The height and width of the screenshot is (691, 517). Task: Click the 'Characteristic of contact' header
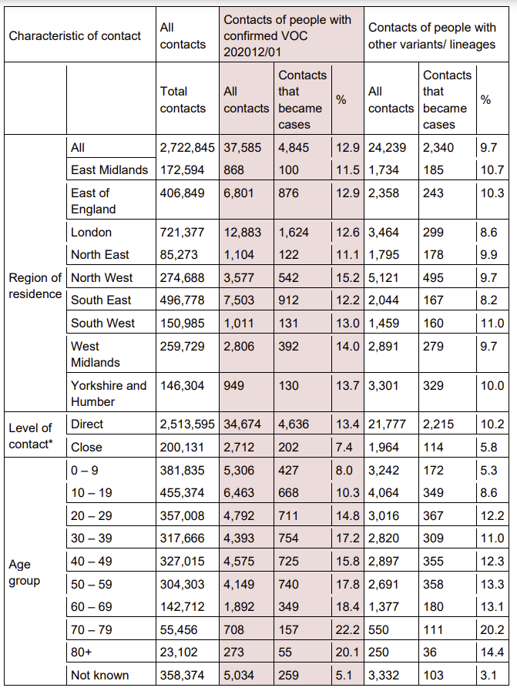coord(75,35)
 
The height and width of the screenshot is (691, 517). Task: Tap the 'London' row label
coord(91,232)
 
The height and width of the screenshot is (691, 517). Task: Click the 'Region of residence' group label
coord(35,285)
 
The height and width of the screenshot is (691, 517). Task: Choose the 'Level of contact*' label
coord(30,436)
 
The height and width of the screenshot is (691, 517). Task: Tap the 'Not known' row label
coord(99,676)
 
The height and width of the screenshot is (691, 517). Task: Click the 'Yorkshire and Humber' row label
coord(108,393)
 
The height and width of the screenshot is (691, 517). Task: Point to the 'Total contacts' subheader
coord(183,99)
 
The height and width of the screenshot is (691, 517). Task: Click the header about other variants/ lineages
coord(431,35)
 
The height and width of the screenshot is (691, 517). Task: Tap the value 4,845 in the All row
coord(294,146)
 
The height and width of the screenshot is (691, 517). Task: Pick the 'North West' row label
coord(102,277)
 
